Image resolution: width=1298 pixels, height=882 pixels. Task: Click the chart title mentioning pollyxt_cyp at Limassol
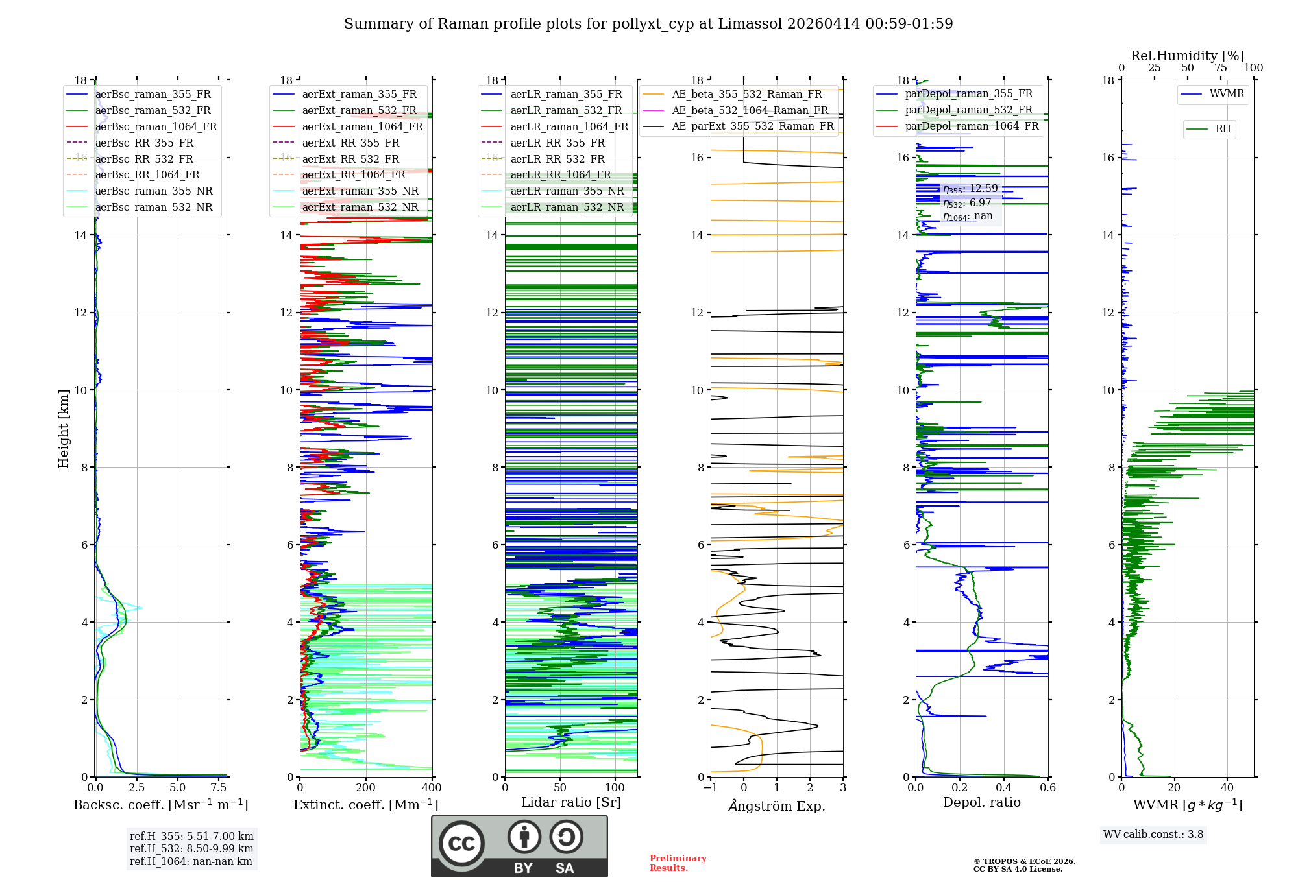click(648, 24)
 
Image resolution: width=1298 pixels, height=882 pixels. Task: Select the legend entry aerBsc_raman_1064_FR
click(156, 126)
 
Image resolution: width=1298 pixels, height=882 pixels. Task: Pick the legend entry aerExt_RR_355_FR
click(350, 143)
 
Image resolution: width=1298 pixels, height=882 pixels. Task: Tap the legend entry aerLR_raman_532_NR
click(567, 207)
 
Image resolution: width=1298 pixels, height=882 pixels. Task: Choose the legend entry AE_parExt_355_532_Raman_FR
click(752, 126)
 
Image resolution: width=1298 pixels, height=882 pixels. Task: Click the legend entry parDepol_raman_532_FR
click(968, 110)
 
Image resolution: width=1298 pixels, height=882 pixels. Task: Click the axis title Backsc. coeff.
click(160, 805)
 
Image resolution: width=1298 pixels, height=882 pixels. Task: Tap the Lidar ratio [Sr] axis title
click(570, 802)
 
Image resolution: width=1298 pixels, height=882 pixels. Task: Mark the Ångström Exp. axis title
click(777, 805)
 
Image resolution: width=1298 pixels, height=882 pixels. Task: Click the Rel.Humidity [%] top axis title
click(1187, 56)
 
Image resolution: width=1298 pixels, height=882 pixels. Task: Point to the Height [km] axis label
click(64, 428)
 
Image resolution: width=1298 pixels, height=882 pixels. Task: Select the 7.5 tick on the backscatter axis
click(219, 788)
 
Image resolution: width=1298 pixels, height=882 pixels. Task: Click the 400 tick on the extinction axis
click(432, 788)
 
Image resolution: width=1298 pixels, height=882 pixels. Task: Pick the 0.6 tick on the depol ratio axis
click(1047, 788)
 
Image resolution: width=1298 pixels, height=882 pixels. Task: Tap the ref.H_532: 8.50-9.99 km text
click(191, 848)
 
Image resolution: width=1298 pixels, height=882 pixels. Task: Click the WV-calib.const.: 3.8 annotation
click(1153, 835)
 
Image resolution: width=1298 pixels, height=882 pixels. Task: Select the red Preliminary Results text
click(678, 863)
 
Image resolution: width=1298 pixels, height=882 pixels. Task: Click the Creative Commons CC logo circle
click(461, 844)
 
